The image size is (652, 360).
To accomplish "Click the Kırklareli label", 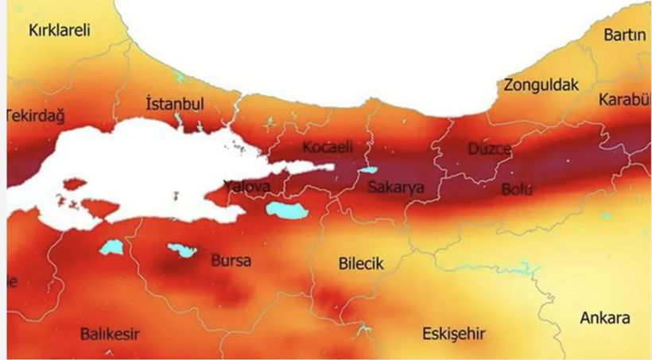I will [60, 30].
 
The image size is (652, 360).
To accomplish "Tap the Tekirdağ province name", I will [34, 115].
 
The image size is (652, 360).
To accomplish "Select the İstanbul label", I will [176, 104].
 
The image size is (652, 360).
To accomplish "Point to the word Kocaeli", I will [327, 148].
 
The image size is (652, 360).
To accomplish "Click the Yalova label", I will [246, 187].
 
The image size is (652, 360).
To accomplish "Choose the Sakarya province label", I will [395, 188].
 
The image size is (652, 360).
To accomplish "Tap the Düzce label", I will [490, 149].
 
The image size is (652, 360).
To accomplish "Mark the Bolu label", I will [517, 189].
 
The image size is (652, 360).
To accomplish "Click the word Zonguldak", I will [541, 85].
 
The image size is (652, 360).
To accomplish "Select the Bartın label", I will [625, 35].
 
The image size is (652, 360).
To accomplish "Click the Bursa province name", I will [231, 260].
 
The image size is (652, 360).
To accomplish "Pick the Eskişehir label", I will [454, 333].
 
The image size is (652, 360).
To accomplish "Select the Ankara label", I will [604, 318].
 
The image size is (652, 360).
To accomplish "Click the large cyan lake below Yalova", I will [287, 210].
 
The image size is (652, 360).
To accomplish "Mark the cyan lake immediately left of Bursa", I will [182, 250].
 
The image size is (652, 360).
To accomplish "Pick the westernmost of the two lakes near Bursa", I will [112, 247].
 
